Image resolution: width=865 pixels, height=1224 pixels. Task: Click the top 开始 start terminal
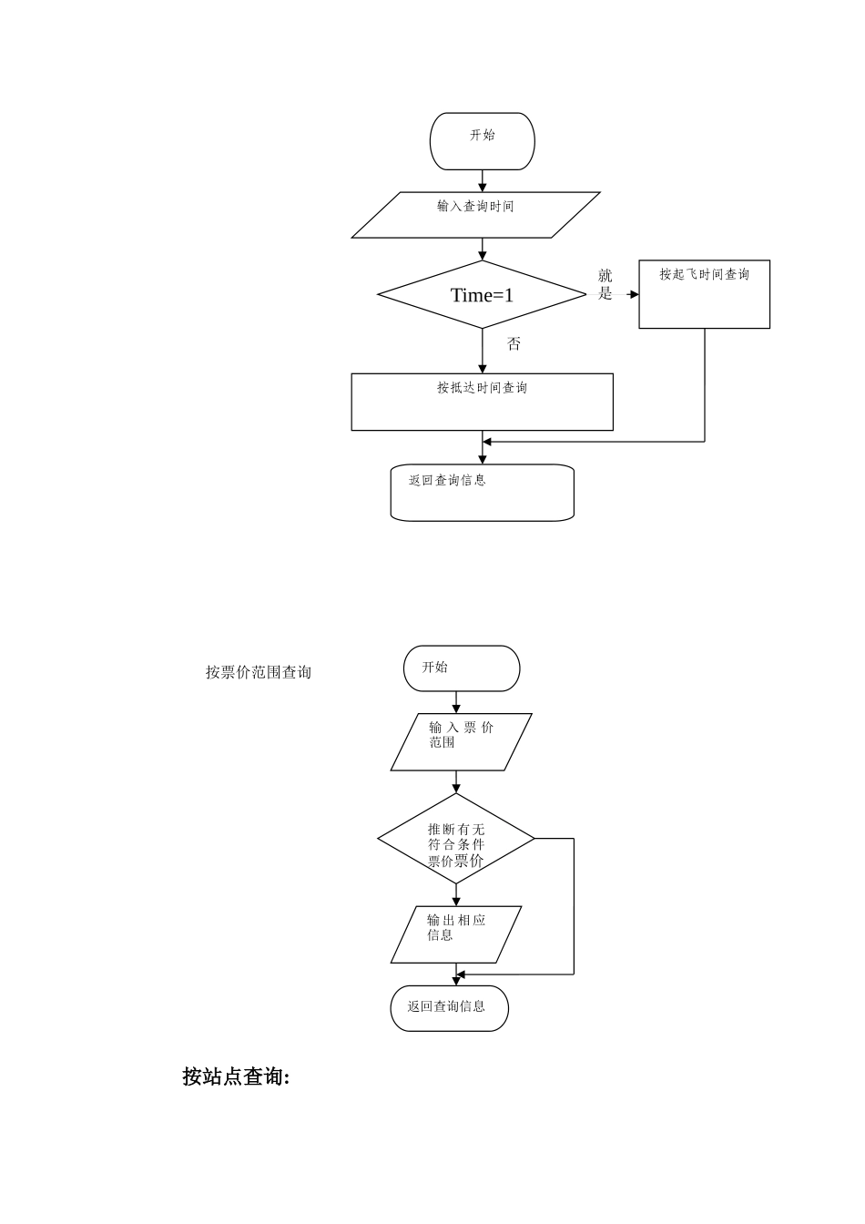point(482,141)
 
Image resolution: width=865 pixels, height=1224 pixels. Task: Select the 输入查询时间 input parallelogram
point(475,215)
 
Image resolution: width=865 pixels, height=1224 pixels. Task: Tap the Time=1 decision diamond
point(482,294)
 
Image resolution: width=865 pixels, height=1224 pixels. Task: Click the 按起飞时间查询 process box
point(704,294)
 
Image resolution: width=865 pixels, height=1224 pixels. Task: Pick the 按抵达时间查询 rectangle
point(482,402)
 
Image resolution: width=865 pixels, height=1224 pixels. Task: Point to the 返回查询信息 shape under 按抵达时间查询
point(482,493)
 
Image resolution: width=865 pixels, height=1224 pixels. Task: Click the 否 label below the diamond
point(514,344)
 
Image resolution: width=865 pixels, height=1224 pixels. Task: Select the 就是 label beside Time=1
point(605,284)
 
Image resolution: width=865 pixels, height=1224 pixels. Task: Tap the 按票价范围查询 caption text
point(259,672)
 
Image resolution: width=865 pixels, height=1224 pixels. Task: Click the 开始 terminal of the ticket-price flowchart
point(462,668)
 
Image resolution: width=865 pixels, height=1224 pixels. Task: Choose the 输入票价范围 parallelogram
point(461,741)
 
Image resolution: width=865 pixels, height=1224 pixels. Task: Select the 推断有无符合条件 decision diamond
point(456,839)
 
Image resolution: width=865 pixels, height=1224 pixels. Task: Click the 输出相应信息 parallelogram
point(456,933)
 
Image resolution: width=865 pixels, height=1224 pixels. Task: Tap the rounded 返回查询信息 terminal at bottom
point(450,1008)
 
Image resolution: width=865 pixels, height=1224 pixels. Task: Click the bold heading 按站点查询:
point(236,1076)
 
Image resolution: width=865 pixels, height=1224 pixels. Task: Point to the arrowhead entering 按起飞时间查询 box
point(634,294)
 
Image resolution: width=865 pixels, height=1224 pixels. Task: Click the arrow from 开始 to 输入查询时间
point(483,181)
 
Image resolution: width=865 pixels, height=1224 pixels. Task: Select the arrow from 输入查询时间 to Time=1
point(483,250)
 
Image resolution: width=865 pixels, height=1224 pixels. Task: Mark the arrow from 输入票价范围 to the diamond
point(456,782)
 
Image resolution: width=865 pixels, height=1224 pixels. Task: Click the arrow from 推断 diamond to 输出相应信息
point(456,895)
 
